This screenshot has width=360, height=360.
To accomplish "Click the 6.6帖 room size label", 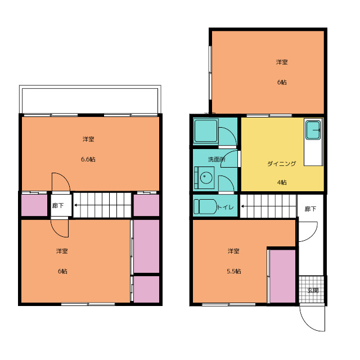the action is coord(88,159).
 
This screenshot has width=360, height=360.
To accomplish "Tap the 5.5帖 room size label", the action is coord(234,271).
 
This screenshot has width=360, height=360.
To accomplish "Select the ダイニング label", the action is coord(282,164).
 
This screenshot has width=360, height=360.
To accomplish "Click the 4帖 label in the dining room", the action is coord(282,182).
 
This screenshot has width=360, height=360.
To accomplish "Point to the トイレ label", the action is coord(225,207).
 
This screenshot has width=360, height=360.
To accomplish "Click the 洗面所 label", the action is coord(217,159).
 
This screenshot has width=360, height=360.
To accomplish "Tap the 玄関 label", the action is coord(313,290).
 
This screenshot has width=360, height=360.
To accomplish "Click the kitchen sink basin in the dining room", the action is coord(313,130).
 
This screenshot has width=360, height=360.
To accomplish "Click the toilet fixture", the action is coord(205,206).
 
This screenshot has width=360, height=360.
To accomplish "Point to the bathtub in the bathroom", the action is coord(206,130).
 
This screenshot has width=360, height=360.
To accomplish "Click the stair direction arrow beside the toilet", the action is coord(268,206).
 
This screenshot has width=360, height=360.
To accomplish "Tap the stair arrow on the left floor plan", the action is coord(102,205).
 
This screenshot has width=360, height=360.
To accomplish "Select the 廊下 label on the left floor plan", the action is coord(58,205).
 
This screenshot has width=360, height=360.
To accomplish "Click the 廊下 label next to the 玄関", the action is coord(310,209).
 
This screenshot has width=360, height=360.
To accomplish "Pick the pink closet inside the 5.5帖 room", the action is coord(282,276).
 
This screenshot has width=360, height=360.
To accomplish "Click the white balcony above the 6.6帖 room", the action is coord(90,101).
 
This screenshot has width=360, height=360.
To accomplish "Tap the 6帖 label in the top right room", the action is coord(282,82).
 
